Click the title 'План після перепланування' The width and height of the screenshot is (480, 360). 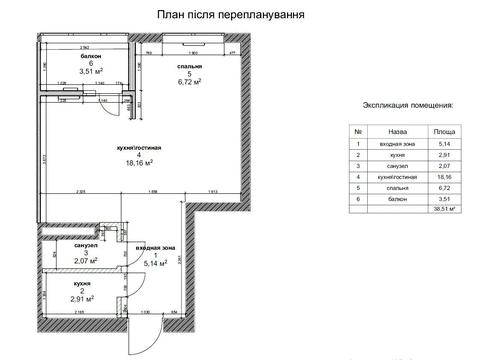(x=231, y=16)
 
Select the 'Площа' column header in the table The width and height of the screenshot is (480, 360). (x=445, y=131)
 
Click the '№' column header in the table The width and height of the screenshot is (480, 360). (x=357, y=131)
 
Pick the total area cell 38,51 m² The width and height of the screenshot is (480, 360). (x=445, y=210)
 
